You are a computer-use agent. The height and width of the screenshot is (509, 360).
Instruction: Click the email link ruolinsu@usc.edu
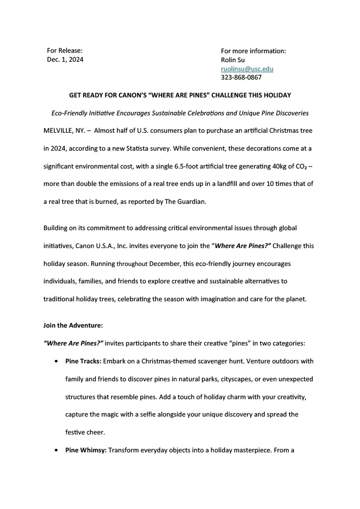pyautogui.click(x=247, y=69)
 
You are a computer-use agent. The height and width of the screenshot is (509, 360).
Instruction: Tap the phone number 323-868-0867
pyautogui.click(x=241, y=78)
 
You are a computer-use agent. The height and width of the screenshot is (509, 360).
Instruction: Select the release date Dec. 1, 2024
pyautogui.click(x=65, y=60)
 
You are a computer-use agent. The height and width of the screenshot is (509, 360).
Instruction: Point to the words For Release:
pyautogui.click(x=65, y=51)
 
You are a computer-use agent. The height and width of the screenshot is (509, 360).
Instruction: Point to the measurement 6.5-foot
pyautogui.click(x=168, y=166)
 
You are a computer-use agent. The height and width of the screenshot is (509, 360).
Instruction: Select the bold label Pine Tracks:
pyautogui.click(x=83, y=361)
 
